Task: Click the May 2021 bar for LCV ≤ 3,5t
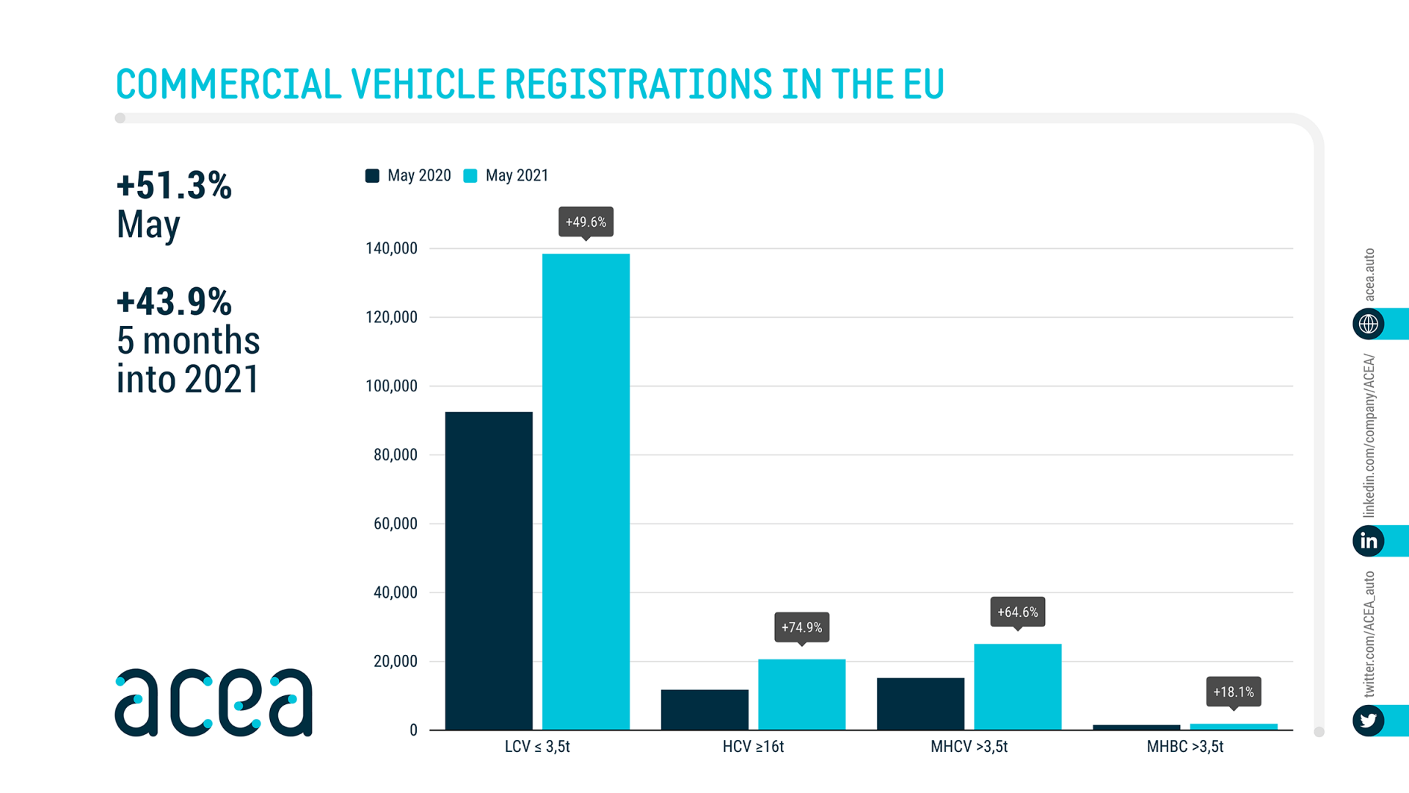[x=586, y=491]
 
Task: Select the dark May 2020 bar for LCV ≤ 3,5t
[x=489, y=571]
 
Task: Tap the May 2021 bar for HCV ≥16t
[x=801, y=694]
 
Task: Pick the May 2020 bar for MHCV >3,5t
[x=920, y=703]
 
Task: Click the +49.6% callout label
[x=586, y=222]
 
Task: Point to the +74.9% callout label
[x=801, y=627]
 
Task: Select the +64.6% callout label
[x=1017, y=612]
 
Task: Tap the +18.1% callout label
[x=1233, y=692]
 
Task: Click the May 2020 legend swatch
[x=372, y=175]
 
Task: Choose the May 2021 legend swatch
[x=470, y=175]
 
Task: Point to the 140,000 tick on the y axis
[x=391, y=248]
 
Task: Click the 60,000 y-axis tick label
[x=395, y=524]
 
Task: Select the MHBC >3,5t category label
[x=1184, y=747]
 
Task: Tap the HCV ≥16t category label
[x=753, y=747]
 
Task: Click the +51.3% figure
[x=174, y=185]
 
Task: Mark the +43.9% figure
[x=174, y=302]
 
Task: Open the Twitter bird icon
[x=1368, y=720]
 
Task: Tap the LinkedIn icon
[x=1368, y=541]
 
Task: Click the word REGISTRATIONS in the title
[x=638, y=84]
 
